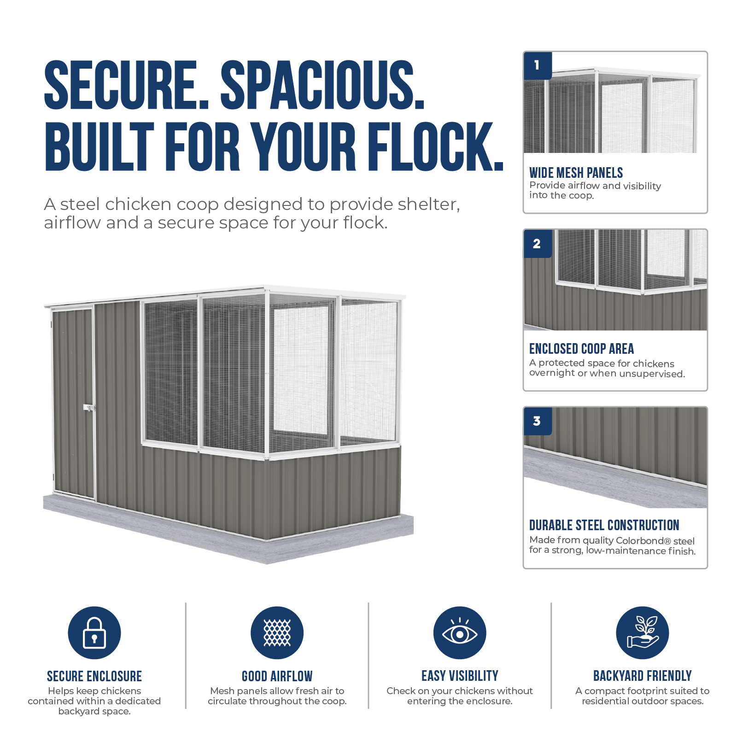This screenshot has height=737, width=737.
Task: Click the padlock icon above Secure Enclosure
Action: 94,632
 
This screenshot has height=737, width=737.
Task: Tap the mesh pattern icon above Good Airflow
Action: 277,632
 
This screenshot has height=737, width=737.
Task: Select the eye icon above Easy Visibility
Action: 460,632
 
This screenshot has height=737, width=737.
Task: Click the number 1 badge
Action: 538,65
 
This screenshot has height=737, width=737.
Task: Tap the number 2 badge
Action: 538,244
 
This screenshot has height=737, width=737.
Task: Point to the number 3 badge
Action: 538,421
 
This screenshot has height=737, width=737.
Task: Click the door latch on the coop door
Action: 89,408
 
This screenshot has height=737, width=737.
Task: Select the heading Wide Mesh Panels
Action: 576,173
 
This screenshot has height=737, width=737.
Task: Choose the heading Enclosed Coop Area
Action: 581,349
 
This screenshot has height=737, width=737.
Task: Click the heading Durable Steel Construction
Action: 604,525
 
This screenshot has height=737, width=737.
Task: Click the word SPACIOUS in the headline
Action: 322,85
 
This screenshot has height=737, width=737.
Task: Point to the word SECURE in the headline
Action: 126,85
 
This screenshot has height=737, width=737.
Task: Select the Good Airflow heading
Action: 277,676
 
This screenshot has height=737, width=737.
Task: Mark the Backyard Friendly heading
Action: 643,676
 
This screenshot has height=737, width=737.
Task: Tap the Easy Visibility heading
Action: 460,676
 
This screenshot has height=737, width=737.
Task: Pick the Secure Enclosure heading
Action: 94,676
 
